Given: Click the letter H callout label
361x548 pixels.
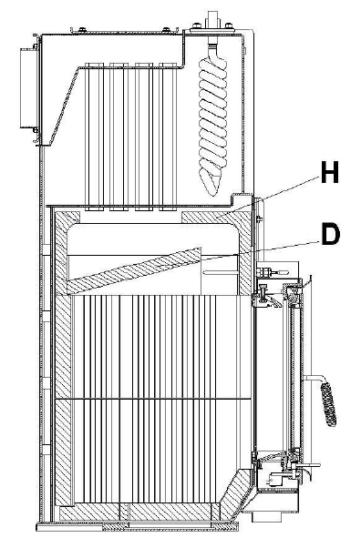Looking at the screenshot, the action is point(330,172).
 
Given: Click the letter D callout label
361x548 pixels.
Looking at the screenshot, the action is point(330,235).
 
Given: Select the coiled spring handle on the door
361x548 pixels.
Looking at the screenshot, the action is point(328,404).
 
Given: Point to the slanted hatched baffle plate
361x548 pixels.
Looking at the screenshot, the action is point(134,269).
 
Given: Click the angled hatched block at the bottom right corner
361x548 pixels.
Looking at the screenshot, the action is point(236,493).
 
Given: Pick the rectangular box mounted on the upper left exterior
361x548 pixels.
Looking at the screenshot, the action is point(28,88).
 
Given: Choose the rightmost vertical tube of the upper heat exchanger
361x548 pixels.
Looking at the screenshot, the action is point(168,137).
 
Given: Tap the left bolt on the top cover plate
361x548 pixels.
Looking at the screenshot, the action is point(81,30).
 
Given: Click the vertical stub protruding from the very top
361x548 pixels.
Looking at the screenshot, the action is point(213,17).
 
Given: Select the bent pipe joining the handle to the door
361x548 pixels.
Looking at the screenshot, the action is point(314,379).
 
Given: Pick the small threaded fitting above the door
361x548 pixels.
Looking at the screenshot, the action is point(269,271).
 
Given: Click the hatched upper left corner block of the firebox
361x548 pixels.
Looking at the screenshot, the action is point(67,224).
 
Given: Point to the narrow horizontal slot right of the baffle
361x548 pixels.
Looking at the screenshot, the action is point(221,271).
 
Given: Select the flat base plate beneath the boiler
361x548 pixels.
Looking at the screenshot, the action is point(138,527).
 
